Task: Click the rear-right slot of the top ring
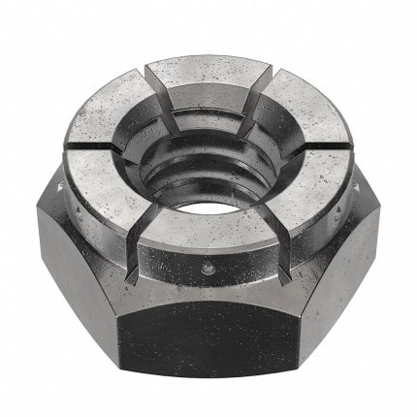272,81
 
